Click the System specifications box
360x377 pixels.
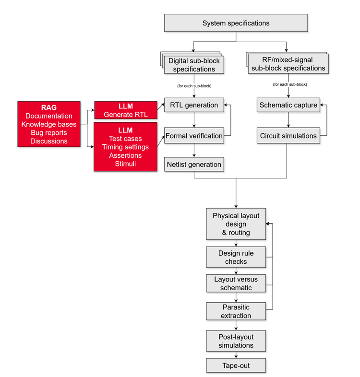click(x=236, y=23)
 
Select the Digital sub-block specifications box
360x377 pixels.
click(x=194, y=65)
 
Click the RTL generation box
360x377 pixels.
click(x=194, y=105)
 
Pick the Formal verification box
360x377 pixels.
click(x=194, y=136)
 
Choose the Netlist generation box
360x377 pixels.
click(x=194, y=165)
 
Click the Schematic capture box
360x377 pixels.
click(x=288, y=105)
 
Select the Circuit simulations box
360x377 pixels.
click(x=288, y=136)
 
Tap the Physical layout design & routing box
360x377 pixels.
click(x=236, y=224)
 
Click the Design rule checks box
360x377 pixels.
click(x=236, y=257)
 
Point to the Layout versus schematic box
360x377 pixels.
click(x=236, y=283)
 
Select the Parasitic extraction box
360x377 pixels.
click(x=236, y=311)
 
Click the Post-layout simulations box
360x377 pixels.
click(x=236, y=341)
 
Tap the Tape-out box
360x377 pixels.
click(x=236, y=365)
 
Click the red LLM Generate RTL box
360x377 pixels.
click(x=126, y=110)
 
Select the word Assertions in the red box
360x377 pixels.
click(x=125, y=155)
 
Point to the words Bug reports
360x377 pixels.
click(x=48, y=132)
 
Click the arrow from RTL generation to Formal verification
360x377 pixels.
click(x=194, y=120)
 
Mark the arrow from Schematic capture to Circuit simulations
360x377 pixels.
click(x=288, y=120)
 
